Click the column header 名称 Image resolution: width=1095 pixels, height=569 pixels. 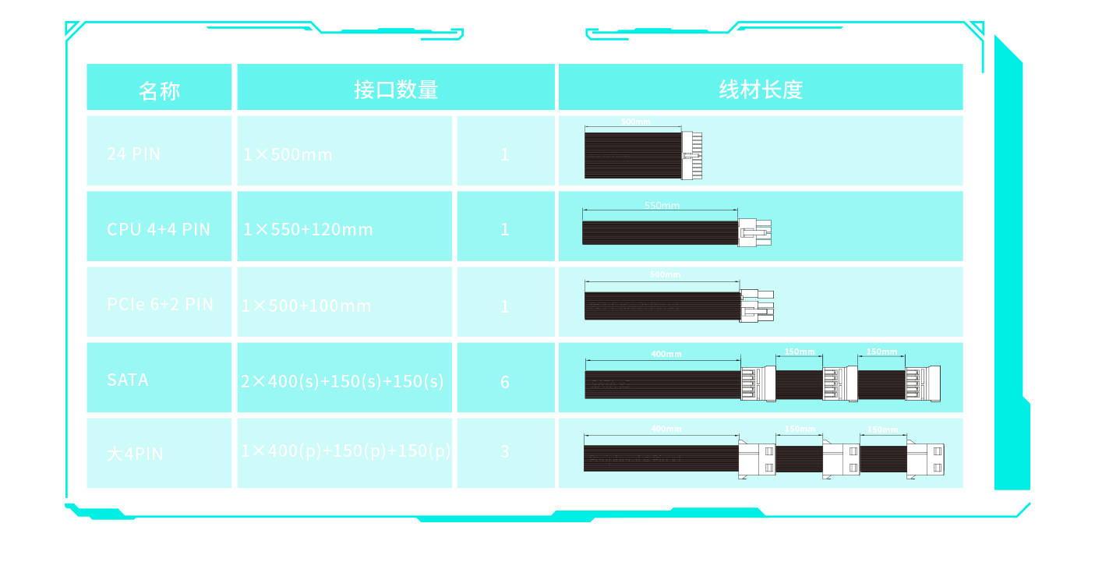159,90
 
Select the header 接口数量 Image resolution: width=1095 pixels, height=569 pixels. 396,90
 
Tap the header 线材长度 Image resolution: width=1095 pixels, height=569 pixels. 761,90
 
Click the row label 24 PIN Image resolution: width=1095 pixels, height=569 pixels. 134,154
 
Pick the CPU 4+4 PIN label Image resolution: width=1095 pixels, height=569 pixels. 159,229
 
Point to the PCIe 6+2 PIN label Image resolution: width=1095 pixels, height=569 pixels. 161,304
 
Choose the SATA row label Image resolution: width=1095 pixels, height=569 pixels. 128,380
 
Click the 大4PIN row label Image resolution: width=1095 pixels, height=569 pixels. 136,454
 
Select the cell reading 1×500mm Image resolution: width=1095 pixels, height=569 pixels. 288,154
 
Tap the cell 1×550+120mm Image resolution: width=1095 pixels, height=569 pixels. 309,230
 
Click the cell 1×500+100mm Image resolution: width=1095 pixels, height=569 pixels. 306,306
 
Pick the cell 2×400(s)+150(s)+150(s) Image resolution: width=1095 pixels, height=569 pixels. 342,381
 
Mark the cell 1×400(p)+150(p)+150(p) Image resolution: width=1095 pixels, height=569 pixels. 345,451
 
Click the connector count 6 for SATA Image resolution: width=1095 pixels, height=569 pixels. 505,382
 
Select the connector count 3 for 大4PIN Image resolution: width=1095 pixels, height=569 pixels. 505,452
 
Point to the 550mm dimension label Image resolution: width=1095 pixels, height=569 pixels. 662,206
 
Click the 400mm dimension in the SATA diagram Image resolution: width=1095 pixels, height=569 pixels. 666,354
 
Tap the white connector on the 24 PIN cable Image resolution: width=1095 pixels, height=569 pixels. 691,155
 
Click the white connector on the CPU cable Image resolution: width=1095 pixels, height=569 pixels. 754,231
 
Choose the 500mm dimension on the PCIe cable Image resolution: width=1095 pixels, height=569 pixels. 665,274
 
